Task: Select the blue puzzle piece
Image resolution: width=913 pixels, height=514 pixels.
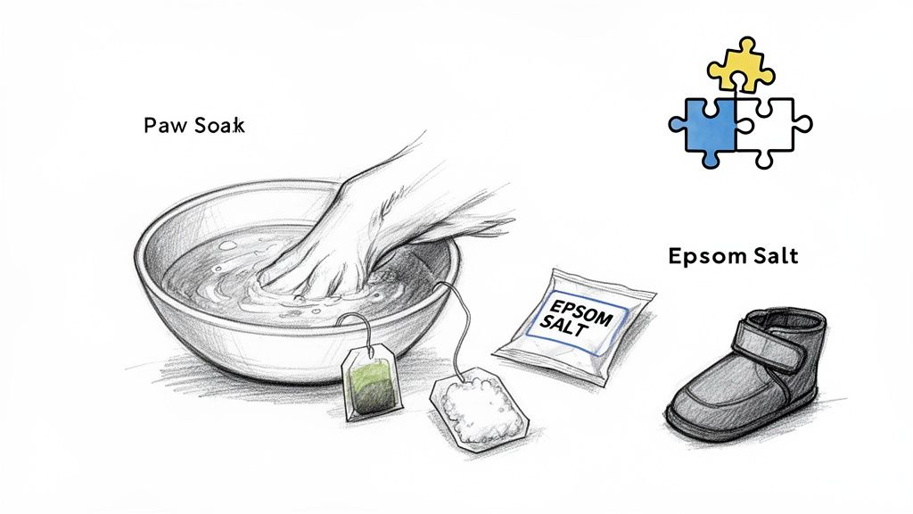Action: [x=703, y=128]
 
